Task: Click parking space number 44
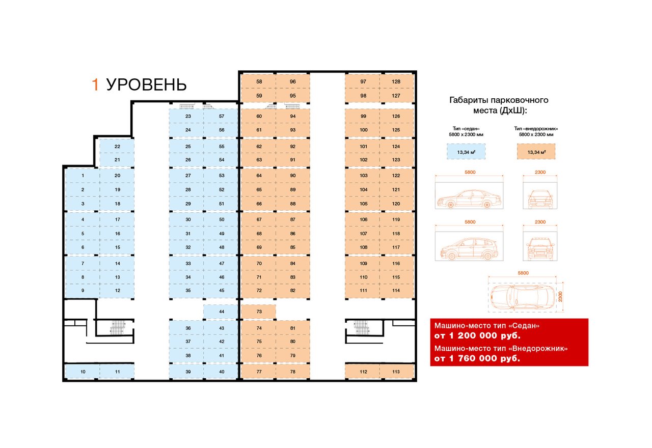pos(221,311)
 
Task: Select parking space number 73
pos(259,311)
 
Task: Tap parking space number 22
pos(117,146)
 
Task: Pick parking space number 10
pos(83,372)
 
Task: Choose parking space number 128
pos(396,81)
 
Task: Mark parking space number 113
pos(396,372)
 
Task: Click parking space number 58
pos(259,81)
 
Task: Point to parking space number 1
pos(83,176)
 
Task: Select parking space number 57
pos(221,116)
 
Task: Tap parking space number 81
pos(292,328)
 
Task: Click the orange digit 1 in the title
pos(95,85)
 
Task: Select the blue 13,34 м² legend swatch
pos(466,152)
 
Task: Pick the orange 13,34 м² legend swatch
pos(536,152)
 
